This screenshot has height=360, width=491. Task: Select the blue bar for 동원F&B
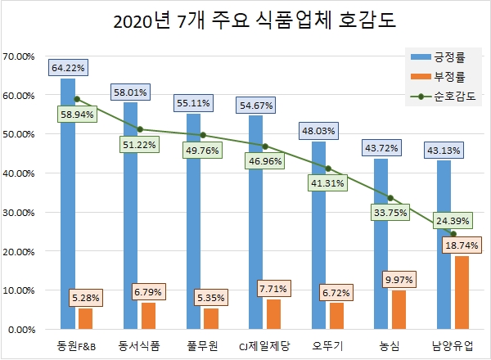68,205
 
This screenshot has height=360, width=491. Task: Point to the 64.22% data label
70,66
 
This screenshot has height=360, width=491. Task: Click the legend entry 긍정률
446,56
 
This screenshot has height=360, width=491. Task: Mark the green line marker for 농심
390,198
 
